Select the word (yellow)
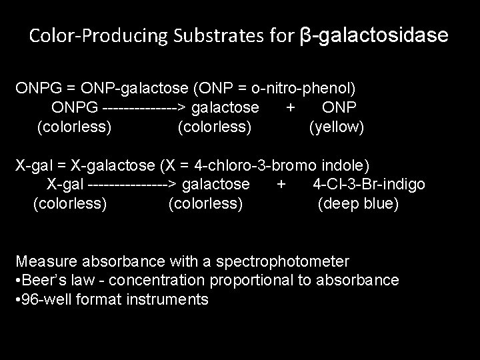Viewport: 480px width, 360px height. coord(337,126)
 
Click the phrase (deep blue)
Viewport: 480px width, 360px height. coord(359,203)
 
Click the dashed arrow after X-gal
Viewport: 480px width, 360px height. coord(132,184)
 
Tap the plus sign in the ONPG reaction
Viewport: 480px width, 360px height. coord(290,107)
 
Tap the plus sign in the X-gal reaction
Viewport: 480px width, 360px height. coord(281,184)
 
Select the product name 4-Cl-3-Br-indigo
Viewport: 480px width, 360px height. coord(369,184)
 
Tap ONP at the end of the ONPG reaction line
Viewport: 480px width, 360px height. coord(339,107)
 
